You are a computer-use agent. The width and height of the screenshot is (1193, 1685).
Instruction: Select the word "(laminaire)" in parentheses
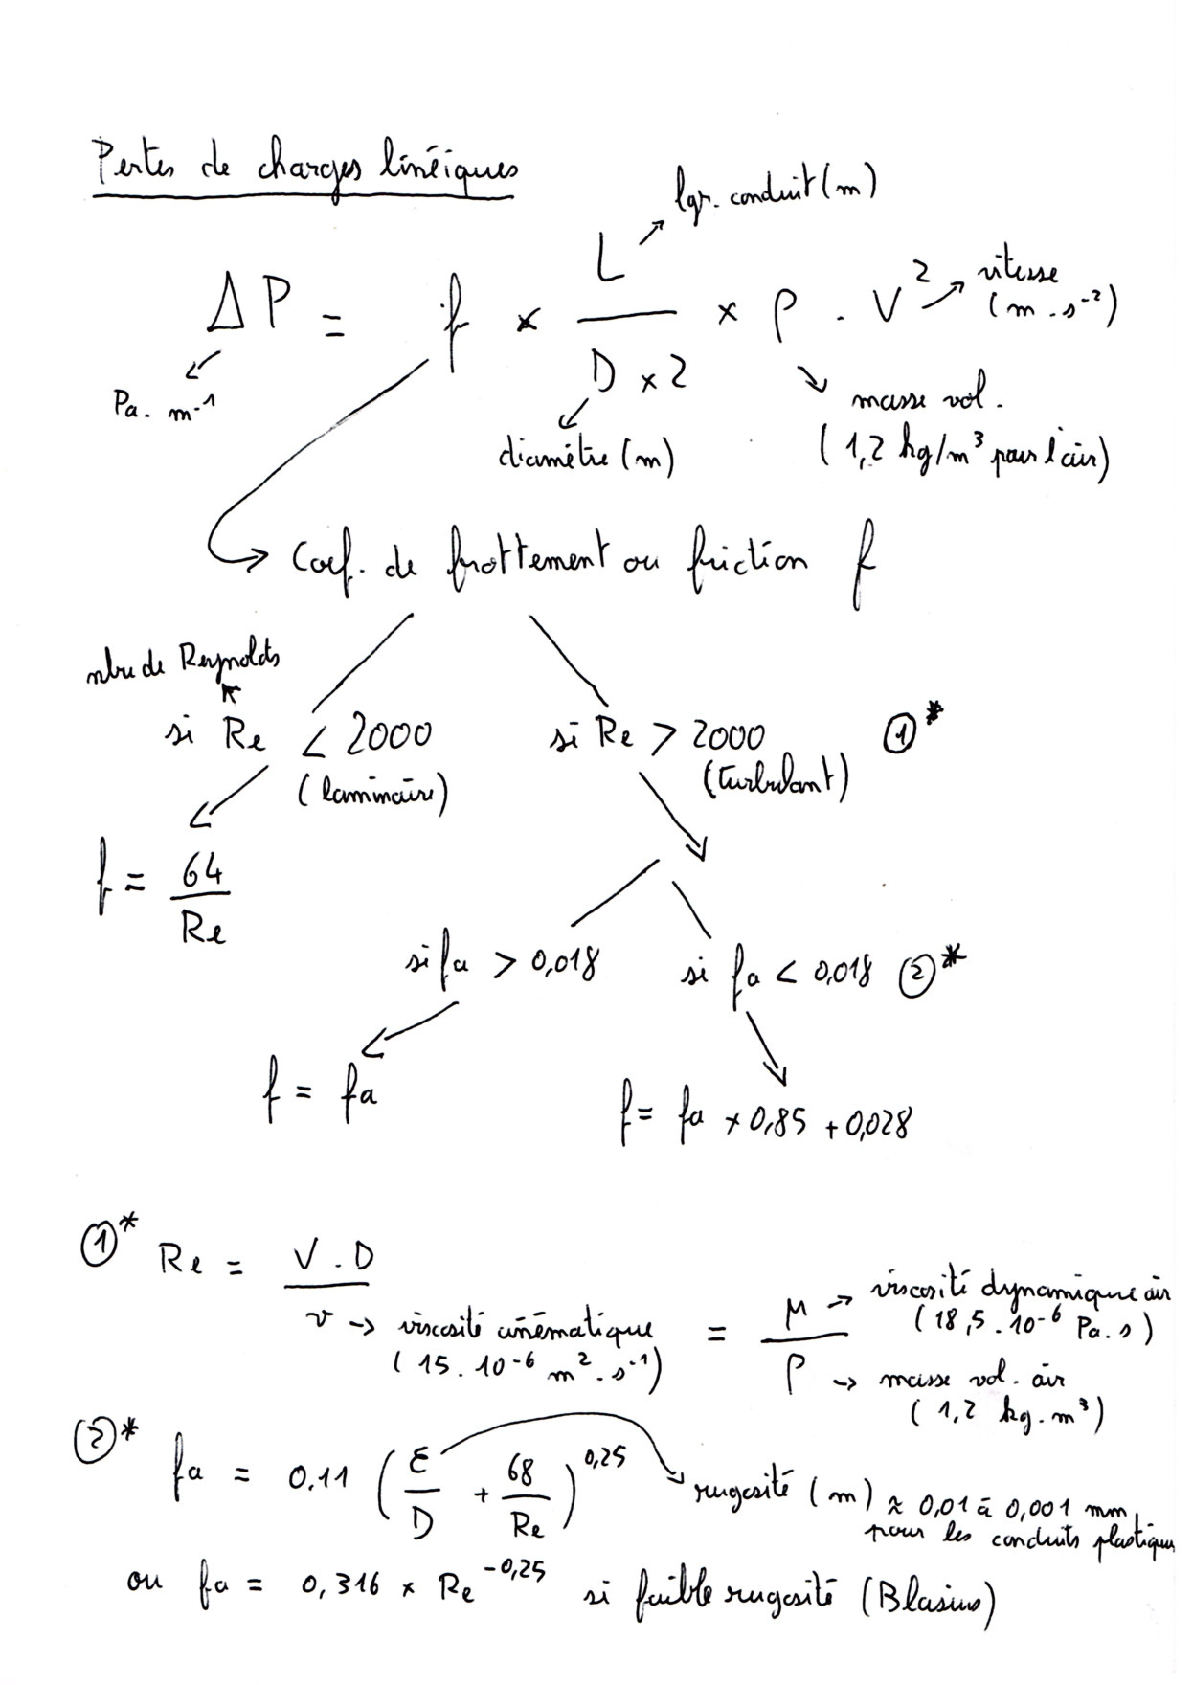[373, 795]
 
